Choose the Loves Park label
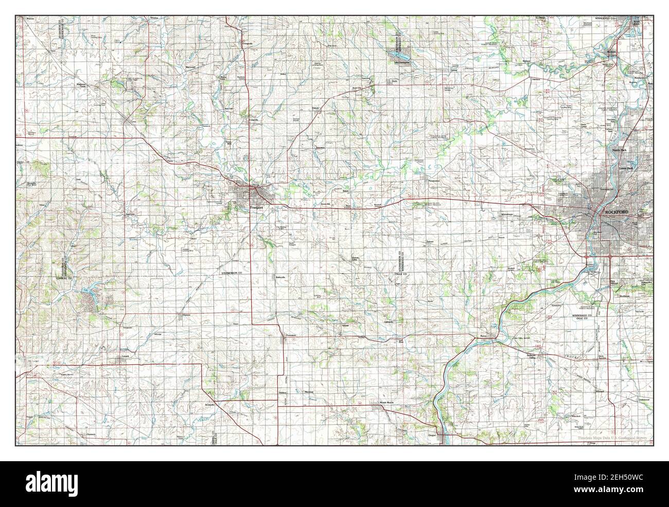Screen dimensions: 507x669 pos(627,168)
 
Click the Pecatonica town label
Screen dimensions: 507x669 pos(434,181)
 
